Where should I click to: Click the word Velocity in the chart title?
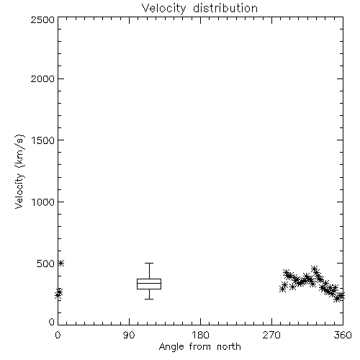click(x=163, y=9)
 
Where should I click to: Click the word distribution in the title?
click(x=225, y=8)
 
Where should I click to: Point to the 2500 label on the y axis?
click(x=42, y=19)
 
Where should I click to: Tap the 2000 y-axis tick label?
click(x=42, y=78)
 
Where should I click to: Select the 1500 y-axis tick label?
click(x=43, y=140)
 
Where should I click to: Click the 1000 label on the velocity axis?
click(x=43, y=202)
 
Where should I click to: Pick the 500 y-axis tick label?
click(x=46, y=264)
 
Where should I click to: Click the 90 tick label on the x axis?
click(x=129, y=335)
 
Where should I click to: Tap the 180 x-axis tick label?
click(x=200, y=335)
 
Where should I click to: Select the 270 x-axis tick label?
click(x=271, y=335)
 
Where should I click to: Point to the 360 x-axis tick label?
click(x=343, y=335)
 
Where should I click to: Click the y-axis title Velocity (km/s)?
click(x=19, y=171)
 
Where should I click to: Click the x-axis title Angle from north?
click(x=200, y=347)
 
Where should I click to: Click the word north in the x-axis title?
click(x=229, y=346)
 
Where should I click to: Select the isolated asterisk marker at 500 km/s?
click(x=61, y=264)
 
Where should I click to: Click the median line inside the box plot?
click(x=149, y=283)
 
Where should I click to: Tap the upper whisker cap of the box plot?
click(x=149, y=264)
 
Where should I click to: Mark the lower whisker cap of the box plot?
click(x=149, y=299)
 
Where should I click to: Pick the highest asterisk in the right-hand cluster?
click(x=315, y=269)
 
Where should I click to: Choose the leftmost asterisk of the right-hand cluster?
click(x=282, y=289)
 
